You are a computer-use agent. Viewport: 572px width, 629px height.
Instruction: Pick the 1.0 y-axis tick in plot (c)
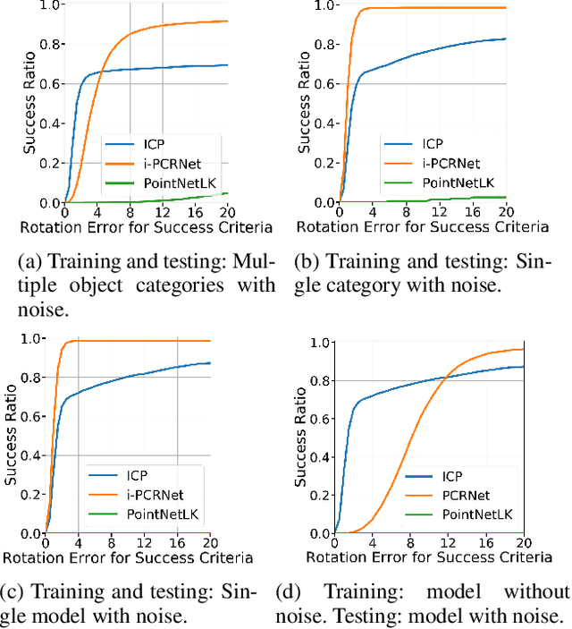click(31, 339)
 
